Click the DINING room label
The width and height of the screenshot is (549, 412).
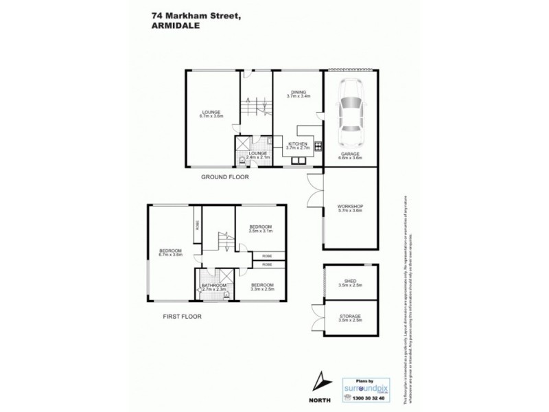[x=299, y=94]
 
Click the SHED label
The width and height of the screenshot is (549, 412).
[x=350, y=280]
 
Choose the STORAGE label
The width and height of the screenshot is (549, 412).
[x=350, y=317]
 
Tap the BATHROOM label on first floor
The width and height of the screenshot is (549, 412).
[x=213, y=287]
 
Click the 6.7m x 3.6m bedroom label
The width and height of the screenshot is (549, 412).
[x=170, y=252]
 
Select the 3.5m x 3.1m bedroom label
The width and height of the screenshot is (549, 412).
[x=261, y=228]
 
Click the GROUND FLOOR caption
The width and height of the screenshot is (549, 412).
[x=224, y=176]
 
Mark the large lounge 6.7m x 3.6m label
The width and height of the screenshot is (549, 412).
[x=211, y=115]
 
